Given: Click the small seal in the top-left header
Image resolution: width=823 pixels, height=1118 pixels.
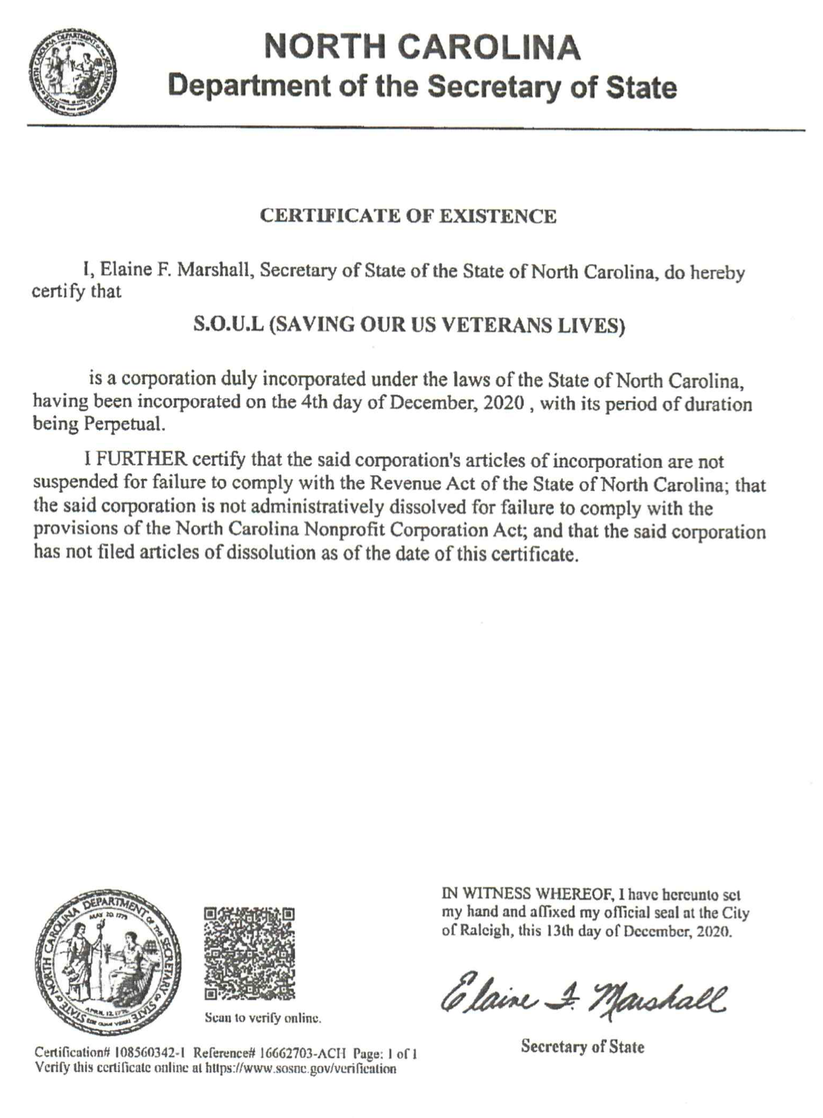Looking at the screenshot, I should pyautogui.click(x=72, y=71).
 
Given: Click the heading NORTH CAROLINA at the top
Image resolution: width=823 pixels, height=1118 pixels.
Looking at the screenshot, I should pyautogui.click(x=423, y=47).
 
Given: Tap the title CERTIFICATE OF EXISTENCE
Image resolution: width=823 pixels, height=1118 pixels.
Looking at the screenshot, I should pyautogui.click(x=408, y=216).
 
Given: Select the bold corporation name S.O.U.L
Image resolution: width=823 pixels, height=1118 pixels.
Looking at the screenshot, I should pyautogui.click(x=229, y=325).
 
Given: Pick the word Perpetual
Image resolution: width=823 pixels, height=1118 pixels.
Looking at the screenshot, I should pyautogui.click(x=122, y=424).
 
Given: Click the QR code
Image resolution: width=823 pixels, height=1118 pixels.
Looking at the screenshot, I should pyautogui.click(x=249, y=952).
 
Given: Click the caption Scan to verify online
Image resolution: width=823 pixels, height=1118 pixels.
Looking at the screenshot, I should pyautogui.click(x=262, y=1019).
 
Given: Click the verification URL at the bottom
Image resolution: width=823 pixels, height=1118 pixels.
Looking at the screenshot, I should pyautogui.click(x=301, y=1069).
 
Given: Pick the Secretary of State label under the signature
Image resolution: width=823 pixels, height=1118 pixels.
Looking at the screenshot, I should pyautogui.click(x=582, y=1047).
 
